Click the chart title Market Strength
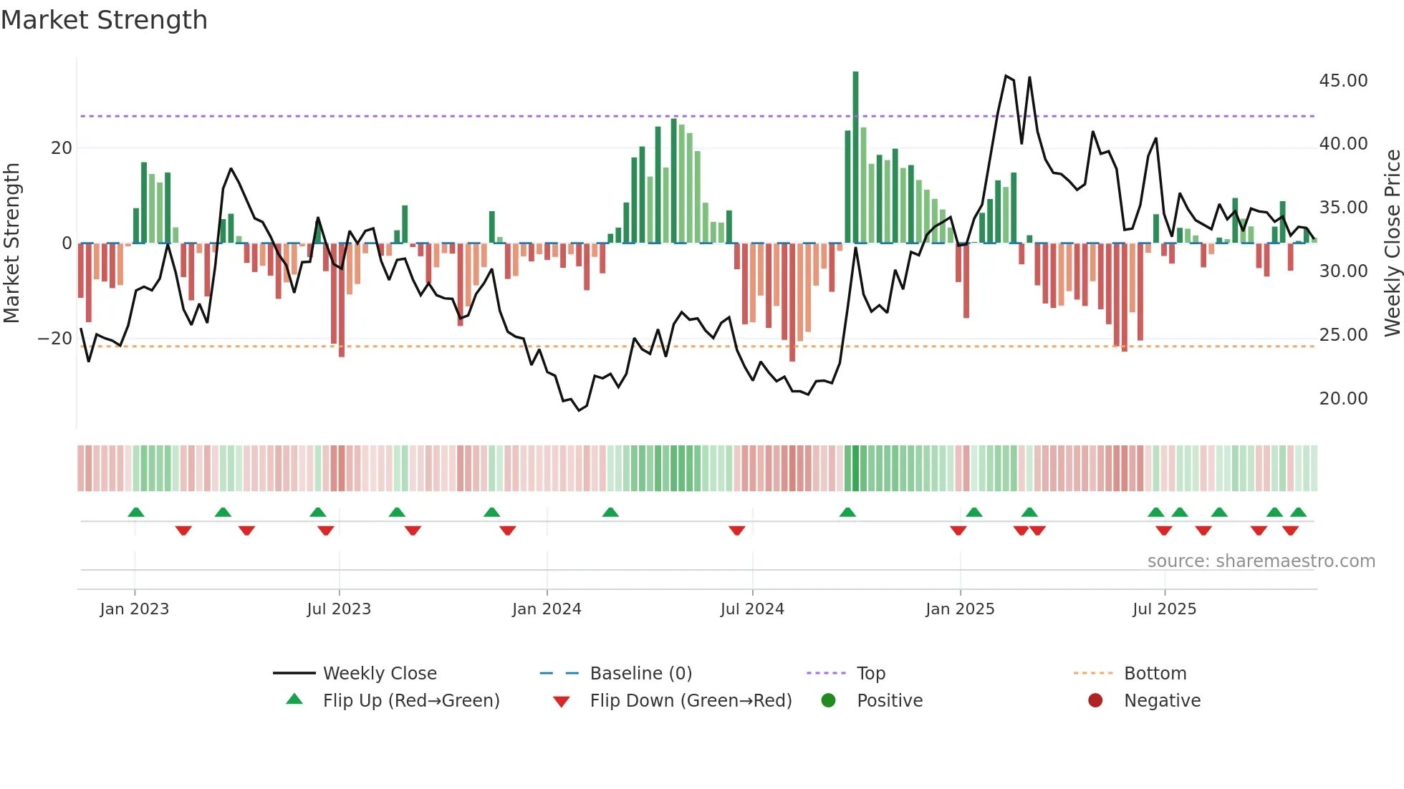[x=104, y=20]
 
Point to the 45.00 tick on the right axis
[x=1343, y=81]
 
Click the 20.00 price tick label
[x=1343, y=399]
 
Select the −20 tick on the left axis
[x=55, y=339]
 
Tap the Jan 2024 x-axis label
[x=547, y=609]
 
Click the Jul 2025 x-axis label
[x=1164, y=609]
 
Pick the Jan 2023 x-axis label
[x=135, y=609]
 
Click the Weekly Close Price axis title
[x=1392, y=243]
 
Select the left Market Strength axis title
[x=11, y=243]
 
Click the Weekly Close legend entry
[x=380, y=674]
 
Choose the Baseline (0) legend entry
[x=640, y=674]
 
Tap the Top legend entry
[x=871, y=674]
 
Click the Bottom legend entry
[x=1155, y=674]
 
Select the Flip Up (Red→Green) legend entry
[x=411, y=701]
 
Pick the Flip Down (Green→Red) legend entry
[x=691, y=701]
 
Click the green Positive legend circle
[x=829, y=701]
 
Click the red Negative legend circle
[x=1095, y=701]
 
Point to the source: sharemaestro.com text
[x=1261, y=561]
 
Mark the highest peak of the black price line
[x=1006, y=75]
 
